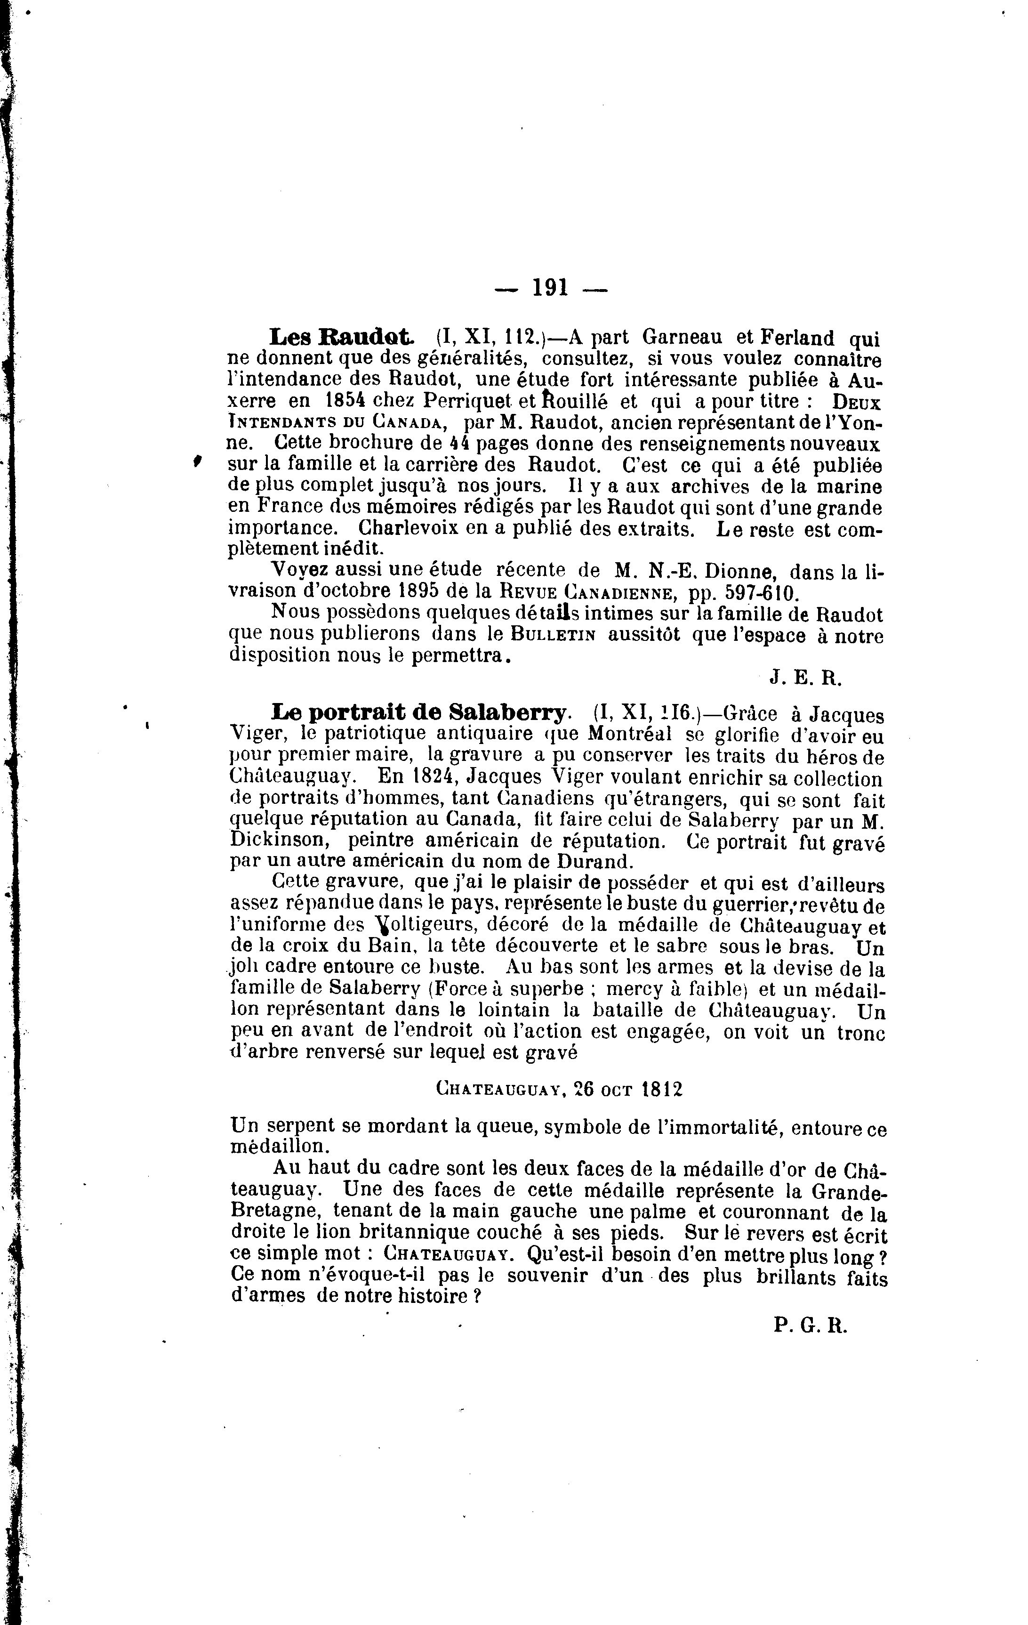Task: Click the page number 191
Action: point(550,288)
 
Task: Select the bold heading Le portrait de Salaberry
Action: point(419,712)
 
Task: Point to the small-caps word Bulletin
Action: point(553,636)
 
